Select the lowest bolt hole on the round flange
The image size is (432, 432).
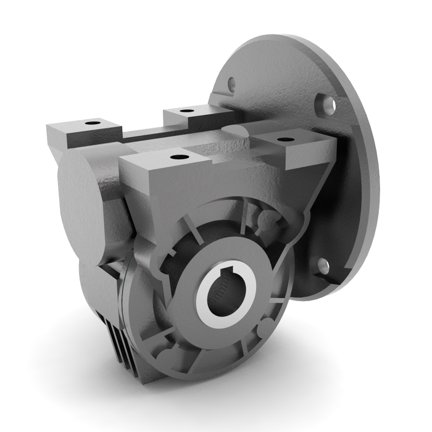click(x=322, y=265)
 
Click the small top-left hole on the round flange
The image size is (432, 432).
click(x=231, y=81)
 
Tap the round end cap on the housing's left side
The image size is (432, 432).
click(x=75, y=197)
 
